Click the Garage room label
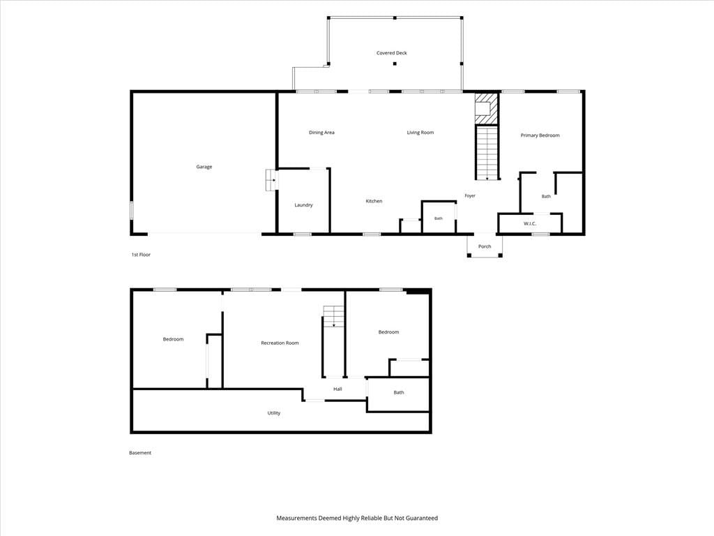(x=204, y=167)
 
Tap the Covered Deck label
(x=392, y=53)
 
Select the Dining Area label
(x=321, y=133)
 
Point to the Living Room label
(x=420, y=133)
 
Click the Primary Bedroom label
(x=540, y=135)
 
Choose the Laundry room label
(x=303, y=205)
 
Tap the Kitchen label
(x=374, y=201)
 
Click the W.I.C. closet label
(x=530, y=224)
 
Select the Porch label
(x=485, y=246)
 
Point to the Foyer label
(x=470, y=196)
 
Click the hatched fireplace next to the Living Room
(x=486, y=108)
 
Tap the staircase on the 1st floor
(x=487, y=151)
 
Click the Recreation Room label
(x=280, y=343)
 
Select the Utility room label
(x=273, y=413)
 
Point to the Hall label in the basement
(x=337, y=389)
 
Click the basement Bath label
(x=398, y=392)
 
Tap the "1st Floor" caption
(x=141, y=255)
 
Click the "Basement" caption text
(x=139, y=453)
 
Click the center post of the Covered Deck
(x=395, y=64)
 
